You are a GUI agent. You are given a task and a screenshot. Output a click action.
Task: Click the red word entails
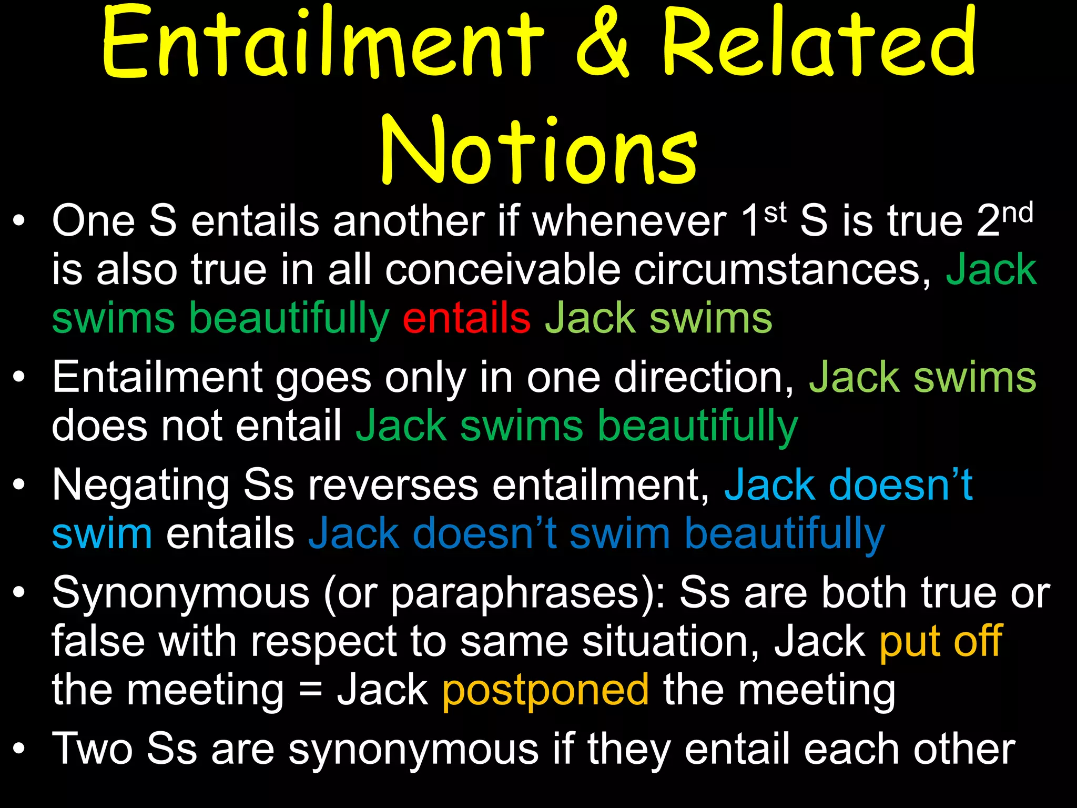466,318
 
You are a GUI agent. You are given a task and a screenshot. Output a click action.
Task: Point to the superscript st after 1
775,213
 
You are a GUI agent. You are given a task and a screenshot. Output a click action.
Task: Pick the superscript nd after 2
1018,213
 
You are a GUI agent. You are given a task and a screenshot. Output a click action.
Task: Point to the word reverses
393,485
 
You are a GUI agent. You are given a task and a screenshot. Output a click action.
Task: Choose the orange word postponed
545,690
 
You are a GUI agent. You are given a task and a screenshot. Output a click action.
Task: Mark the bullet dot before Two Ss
19,749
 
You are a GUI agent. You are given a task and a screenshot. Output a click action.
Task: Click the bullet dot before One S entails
19,221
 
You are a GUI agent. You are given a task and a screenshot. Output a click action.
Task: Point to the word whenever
629,221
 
